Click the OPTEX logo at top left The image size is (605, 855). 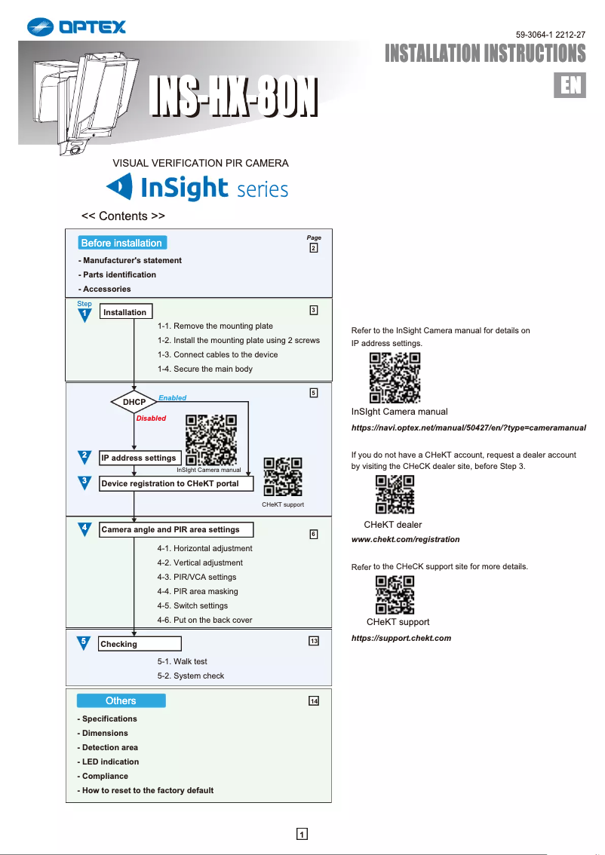76,27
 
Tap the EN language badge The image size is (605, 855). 570,85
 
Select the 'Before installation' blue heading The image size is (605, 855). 121,243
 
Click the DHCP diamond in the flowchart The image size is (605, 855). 134,403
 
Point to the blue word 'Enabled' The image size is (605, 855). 172,397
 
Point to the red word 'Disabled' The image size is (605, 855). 151,418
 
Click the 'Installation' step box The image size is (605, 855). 124,312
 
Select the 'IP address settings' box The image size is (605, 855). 139,458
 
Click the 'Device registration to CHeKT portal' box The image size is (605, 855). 176,483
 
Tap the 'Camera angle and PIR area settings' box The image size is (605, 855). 175,529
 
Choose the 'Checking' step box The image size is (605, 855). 140,644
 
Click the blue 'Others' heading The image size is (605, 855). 121,700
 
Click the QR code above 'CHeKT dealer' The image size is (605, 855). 395,495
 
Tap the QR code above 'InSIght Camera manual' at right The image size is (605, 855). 395,377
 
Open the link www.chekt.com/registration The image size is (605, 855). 406,540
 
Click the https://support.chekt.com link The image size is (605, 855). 401,638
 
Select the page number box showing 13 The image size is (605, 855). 314,641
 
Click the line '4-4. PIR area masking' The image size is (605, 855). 197,592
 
